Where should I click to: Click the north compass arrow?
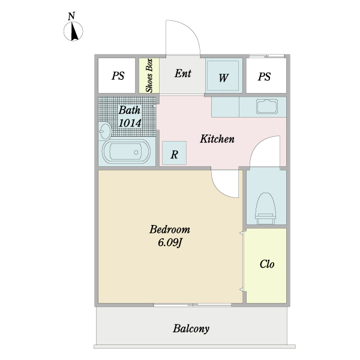[x=73, y=32]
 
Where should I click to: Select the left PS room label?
[x=118, y=76]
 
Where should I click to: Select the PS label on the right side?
[x=265, y=76]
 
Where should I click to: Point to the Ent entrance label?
[x=182, y=74]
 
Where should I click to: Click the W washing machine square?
[x=223, y=77]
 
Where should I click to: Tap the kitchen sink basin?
[x=266, y=107]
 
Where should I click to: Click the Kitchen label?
[x=217, y=139]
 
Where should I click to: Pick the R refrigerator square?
[x=174, y=154]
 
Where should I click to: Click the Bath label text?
[x=129, y=110]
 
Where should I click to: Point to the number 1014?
[x=130, y=123]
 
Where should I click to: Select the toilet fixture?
[x=265, y=206]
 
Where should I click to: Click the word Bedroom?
[x=170, y=229]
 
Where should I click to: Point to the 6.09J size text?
[x=170, y=243]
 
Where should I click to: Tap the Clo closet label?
[x=267, y=264]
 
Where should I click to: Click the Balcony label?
[x=191, y=329]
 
